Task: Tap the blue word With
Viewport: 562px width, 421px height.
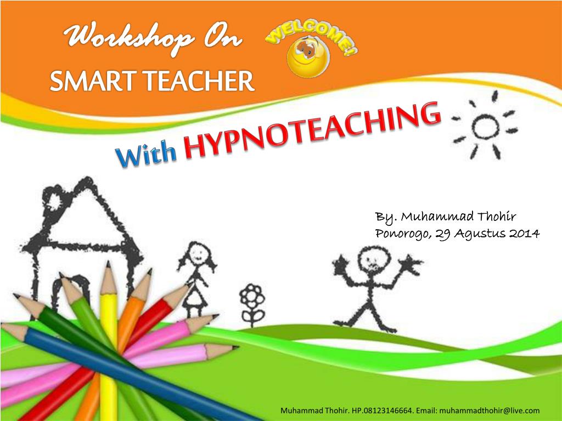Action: point(145,156)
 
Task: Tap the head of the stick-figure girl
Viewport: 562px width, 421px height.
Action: point(193,254)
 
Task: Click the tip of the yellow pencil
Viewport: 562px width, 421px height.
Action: point(108,265)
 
